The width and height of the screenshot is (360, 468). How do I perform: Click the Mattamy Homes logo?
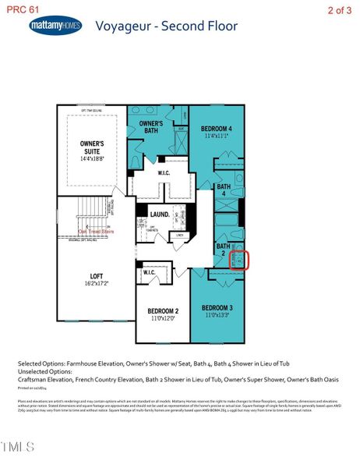pos(55,26)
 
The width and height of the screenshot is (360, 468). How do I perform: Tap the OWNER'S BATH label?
pos(150,127)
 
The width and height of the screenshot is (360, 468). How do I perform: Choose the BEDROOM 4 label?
pos(216,128)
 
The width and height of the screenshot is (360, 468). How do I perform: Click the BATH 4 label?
pos(224,190)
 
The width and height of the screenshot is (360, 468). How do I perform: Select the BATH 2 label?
pos(223,250)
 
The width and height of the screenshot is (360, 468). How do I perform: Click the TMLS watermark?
pos(18,446)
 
